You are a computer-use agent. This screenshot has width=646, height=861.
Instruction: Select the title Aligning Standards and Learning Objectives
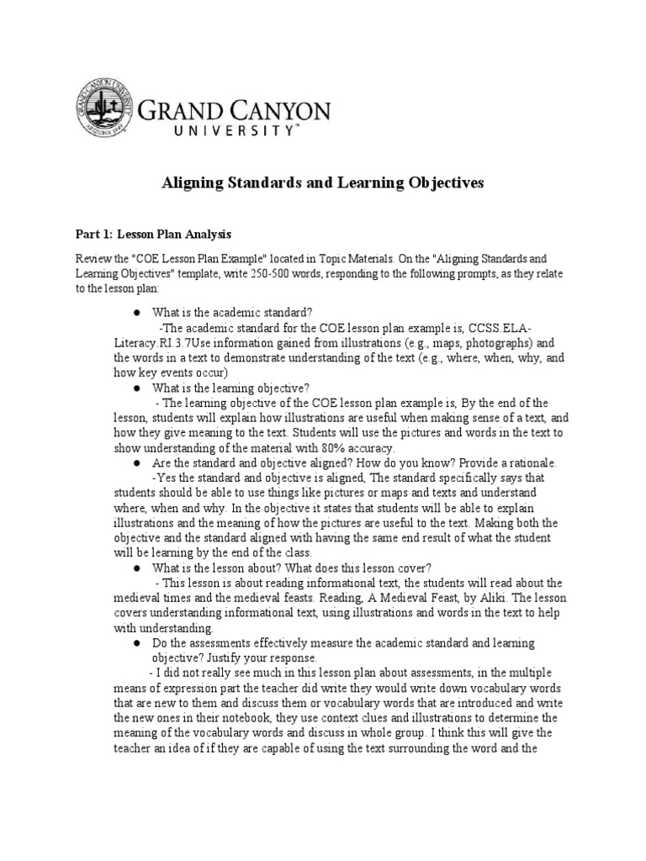322,182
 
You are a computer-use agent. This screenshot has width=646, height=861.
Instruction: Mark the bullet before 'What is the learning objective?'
135,388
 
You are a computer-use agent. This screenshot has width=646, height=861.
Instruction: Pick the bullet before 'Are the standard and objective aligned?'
135,463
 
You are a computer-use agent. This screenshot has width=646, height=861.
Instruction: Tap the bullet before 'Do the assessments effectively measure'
135,643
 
